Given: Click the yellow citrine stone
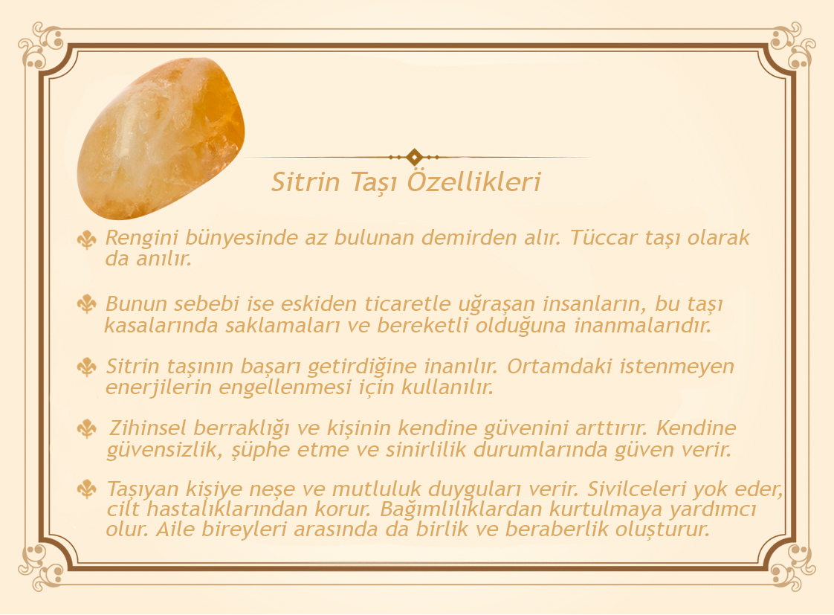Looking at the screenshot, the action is click(161, 138).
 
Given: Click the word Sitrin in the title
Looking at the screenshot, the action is click(306, 182).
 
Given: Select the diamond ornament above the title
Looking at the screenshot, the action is click(414, 157).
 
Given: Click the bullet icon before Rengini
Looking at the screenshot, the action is click(87, 240).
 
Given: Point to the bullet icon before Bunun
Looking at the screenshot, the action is click(87, 303).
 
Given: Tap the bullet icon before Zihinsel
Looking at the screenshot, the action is click(87, 428).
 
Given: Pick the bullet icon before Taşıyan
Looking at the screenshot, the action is click(87, 489).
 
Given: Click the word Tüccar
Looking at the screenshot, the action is click(604, 238).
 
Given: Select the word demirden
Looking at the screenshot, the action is click(468, 238).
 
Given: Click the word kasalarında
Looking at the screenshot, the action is click(161, 325).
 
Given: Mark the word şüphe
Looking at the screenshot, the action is click(261, 451).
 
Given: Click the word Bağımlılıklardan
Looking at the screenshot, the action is click(461, 509).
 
